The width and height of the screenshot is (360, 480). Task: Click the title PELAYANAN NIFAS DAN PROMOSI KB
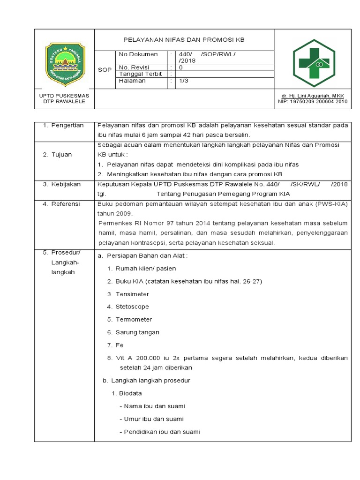(184, 40)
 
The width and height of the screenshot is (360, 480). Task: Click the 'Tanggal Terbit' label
(141, 74)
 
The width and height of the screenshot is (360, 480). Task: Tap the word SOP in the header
(105, 70)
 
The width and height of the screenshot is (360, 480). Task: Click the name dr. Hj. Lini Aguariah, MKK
(313, 96)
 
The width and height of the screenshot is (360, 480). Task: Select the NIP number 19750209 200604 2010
(313, 101)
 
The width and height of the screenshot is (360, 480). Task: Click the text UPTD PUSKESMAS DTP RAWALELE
(64, 98)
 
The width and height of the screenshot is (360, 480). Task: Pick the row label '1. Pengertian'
(63, 125)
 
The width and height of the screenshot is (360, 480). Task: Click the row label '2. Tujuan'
(58, 155)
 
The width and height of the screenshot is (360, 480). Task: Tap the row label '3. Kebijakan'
(62, 184)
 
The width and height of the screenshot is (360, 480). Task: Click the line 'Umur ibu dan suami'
(152, 419)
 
